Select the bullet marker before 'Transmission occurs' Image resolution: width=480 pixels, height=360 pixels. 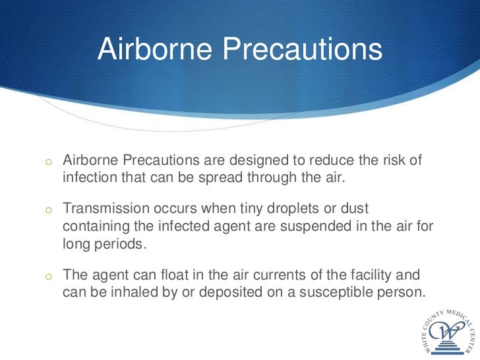tap(48, 210)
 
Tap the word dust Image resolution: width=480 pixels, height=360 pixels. tap(354, 209)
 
